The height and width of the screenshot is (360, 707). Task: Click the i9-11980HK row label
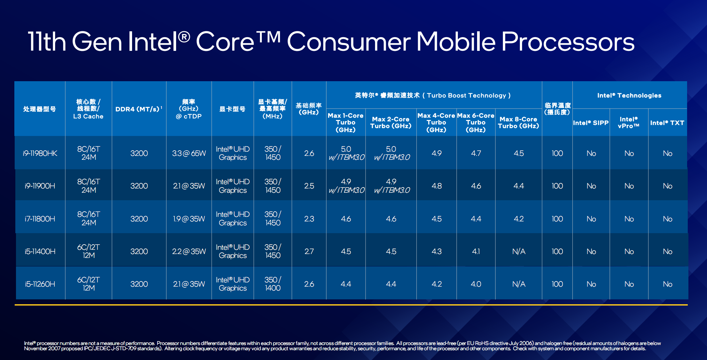pos(40,153)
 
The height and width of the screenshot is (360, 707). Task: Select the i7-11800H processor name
pos(40,219)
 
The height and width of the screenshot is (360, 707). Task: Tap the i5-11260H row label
pos(40,284)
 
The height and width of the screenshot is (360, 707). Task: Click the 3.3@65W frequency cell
pos(189,153)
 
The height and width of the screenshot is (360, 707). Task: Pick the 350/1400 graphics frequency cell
pos(273,284)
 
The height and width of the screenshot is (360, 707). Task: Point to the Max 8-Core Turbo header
pos(518,123)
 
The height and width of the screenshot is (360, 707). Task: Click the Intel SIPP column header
pos(591,123)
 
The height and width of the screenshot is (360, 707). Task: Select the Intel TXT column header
pos(667,123)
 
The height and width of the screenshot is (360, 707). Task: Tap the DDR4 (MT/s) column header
pos(139,109)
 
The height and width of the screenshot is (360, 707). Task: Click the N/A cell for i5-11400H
pos(519,251)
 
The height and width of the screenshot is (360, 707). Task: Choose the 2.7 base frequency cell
pos(309,251)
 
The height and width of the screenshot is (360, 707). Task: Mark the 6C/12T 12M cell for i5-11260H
pos(88,284)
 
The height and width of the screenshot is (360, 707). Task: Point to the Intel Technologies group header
pos(629,95)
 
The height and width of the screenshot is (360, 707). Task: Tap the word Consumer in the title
pos(349,42)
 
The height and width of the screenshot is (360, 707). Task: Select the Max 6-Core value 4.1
pos(476,251)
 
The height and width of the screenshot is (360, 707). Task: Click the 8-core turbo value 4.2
pos(519,219)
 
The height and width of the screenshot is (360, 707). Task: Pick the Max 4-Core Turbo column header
pos(436,123)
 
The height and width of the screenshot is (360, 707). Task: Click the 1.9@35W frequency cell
pos(189,219)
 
